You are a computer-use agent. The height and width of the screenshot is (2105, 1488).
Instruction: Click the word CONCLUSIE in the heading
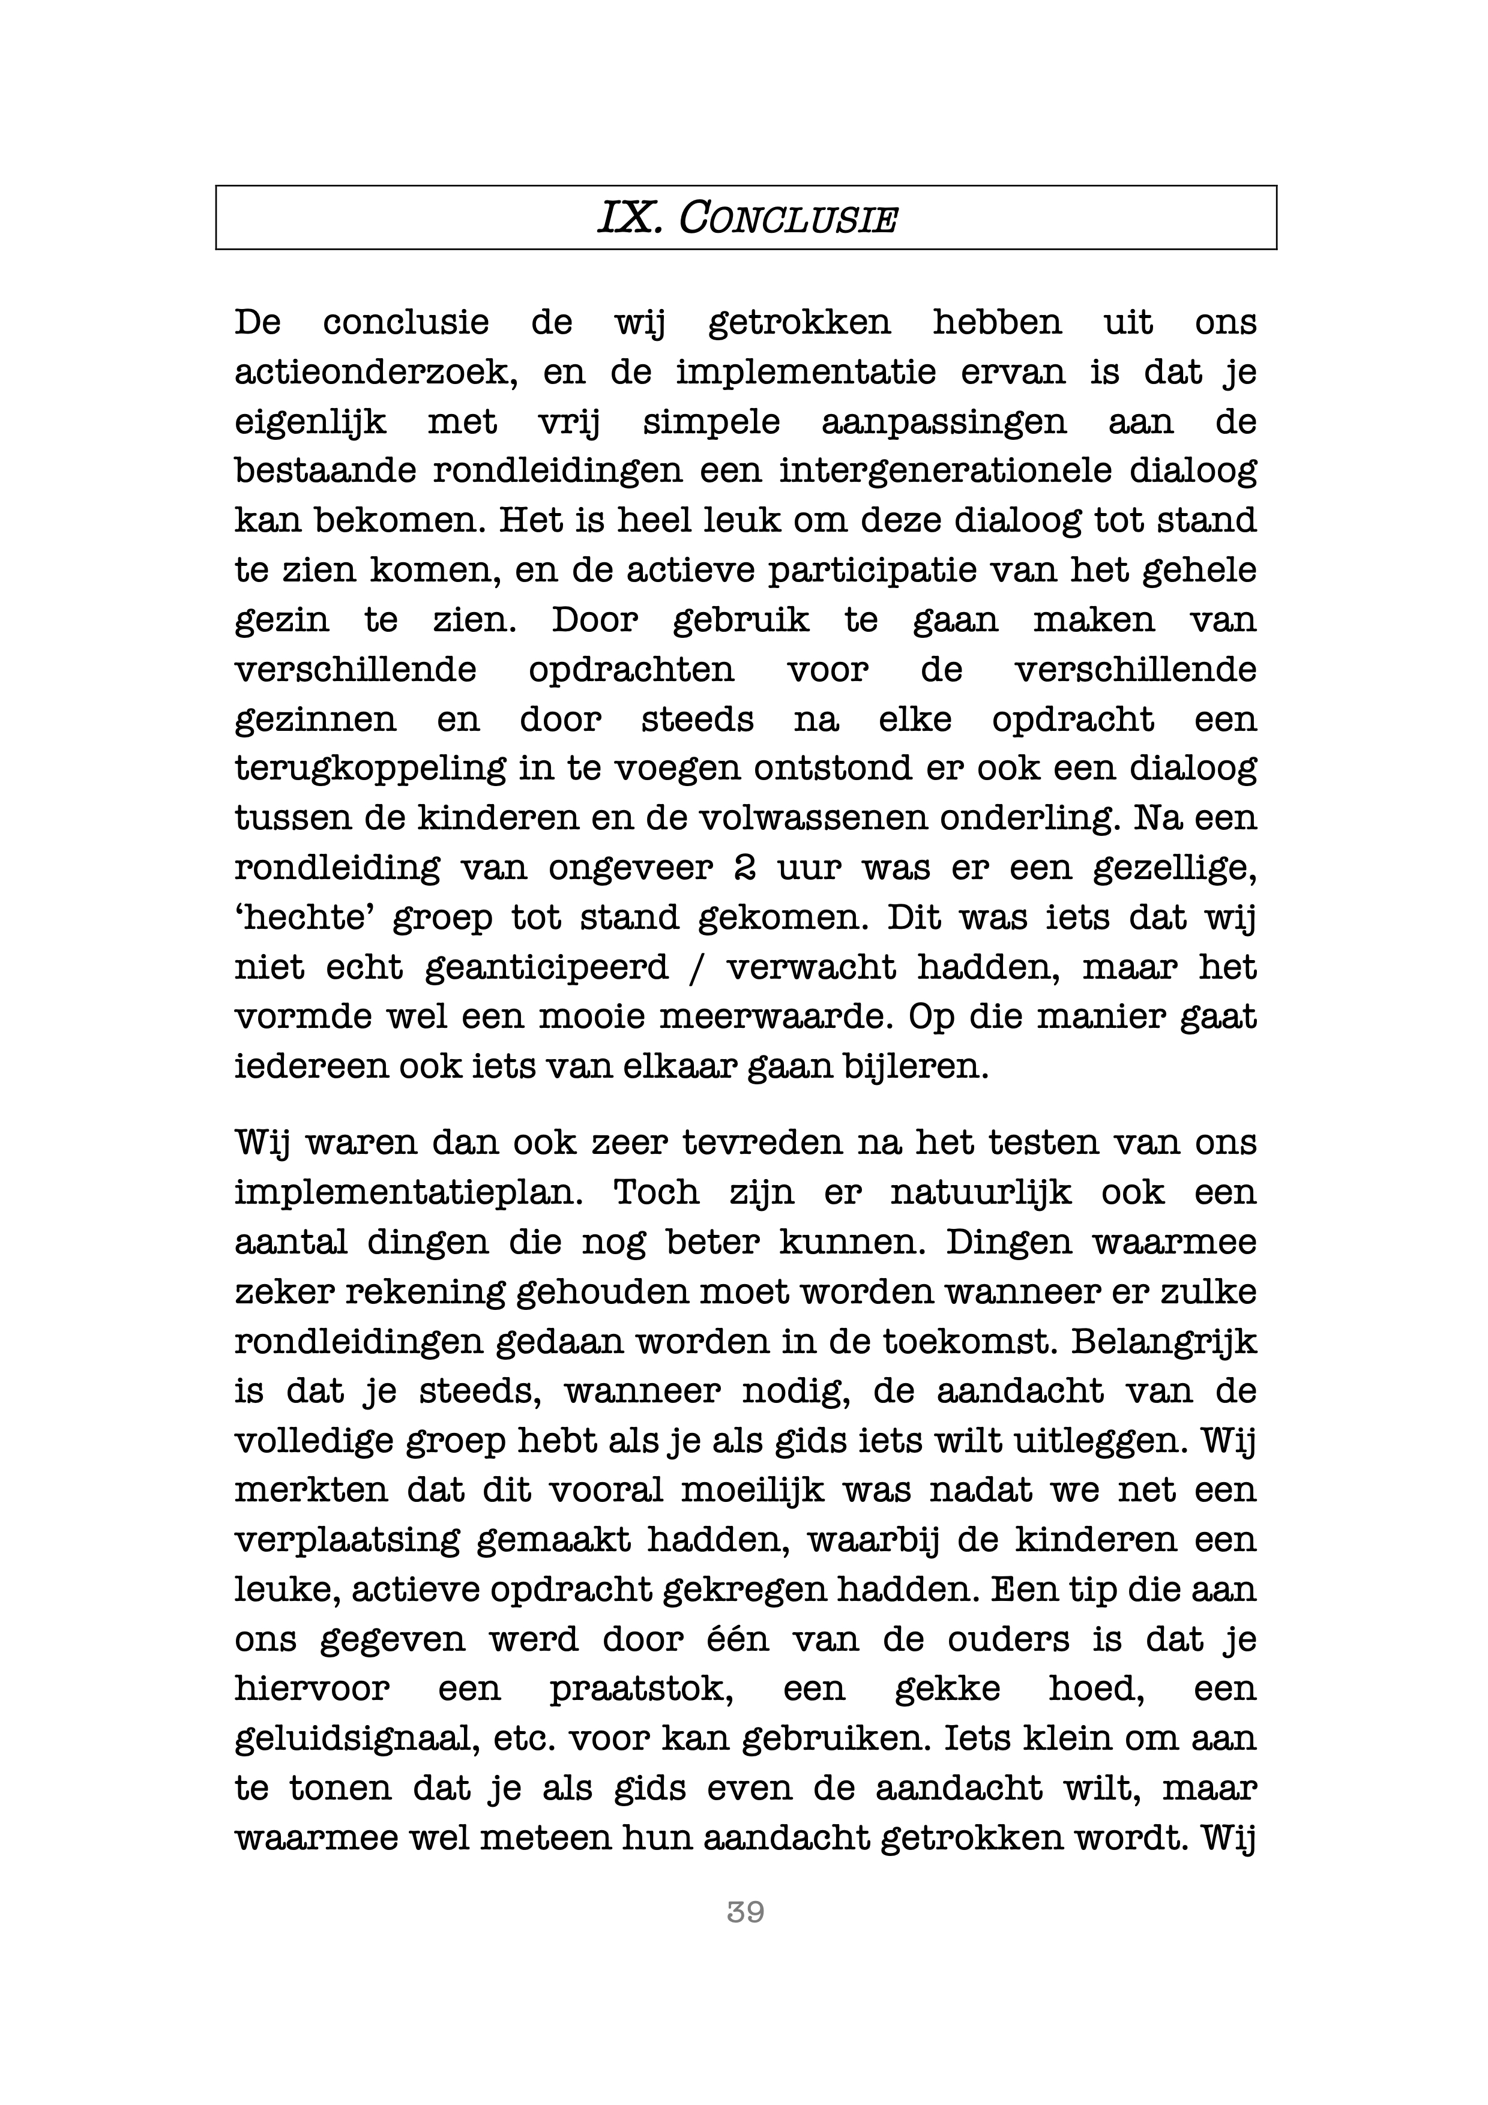coord(787,219)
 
